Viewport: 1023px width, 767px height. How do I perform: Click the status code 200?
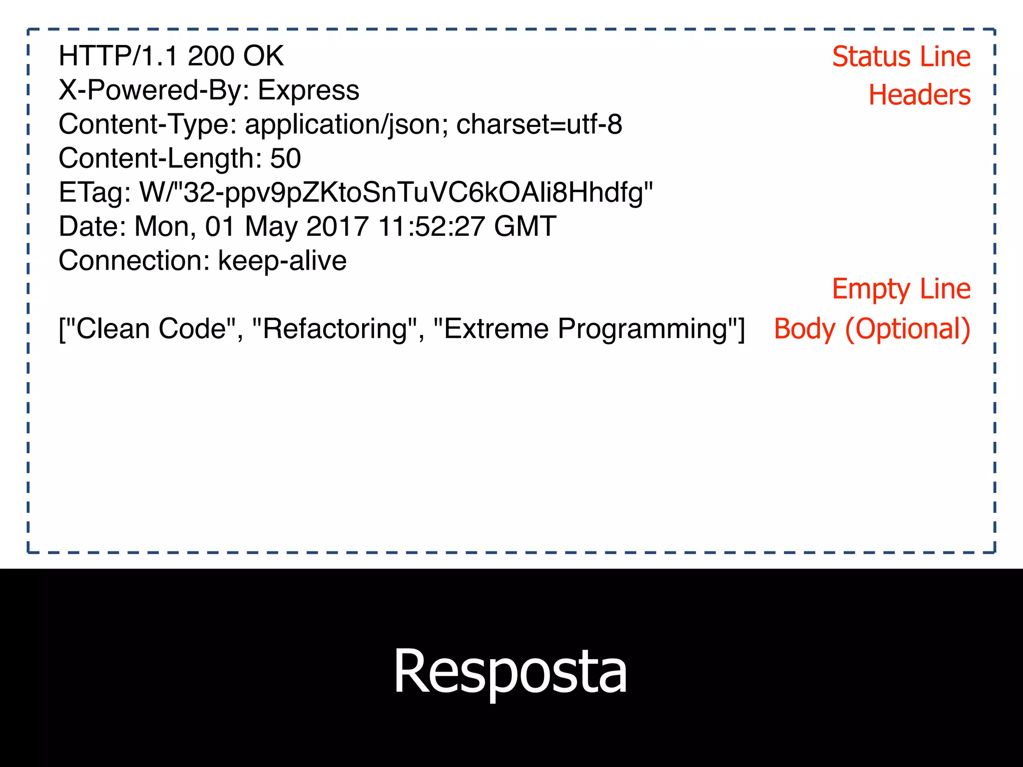(x=210, y=56)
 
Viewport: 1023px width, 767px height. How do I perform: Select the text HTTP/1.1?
(x=118, y=56)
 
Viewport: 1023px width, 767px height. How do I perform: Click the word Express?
(x=308, y=90)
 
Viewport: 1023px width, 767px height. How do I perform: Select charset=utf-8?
(x=539, y=124)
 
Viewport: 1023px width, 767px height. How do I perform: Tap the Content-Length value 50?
(x=285, y=158)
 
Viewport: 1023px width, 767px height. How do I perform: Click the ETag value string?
(x=396, y=193)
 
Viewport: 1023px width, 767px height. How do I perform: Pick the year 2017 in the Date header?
(x=337, y=226)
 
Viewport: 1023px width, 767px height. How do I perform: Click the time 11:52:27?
(x=431, y=226)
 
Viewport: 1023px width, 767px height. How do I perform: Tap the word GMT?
(x=525, y=226)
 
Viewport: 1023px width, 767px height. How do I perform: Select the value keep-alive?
(x=282, y=261)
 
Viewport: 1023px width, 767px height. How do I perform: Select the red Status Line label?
(x=901, y=56)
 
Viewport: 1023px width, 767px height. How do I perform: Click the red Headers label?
(x=919, y=95)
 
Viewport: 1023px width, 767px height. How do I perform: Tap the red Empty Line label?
(x=901, y=289)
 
